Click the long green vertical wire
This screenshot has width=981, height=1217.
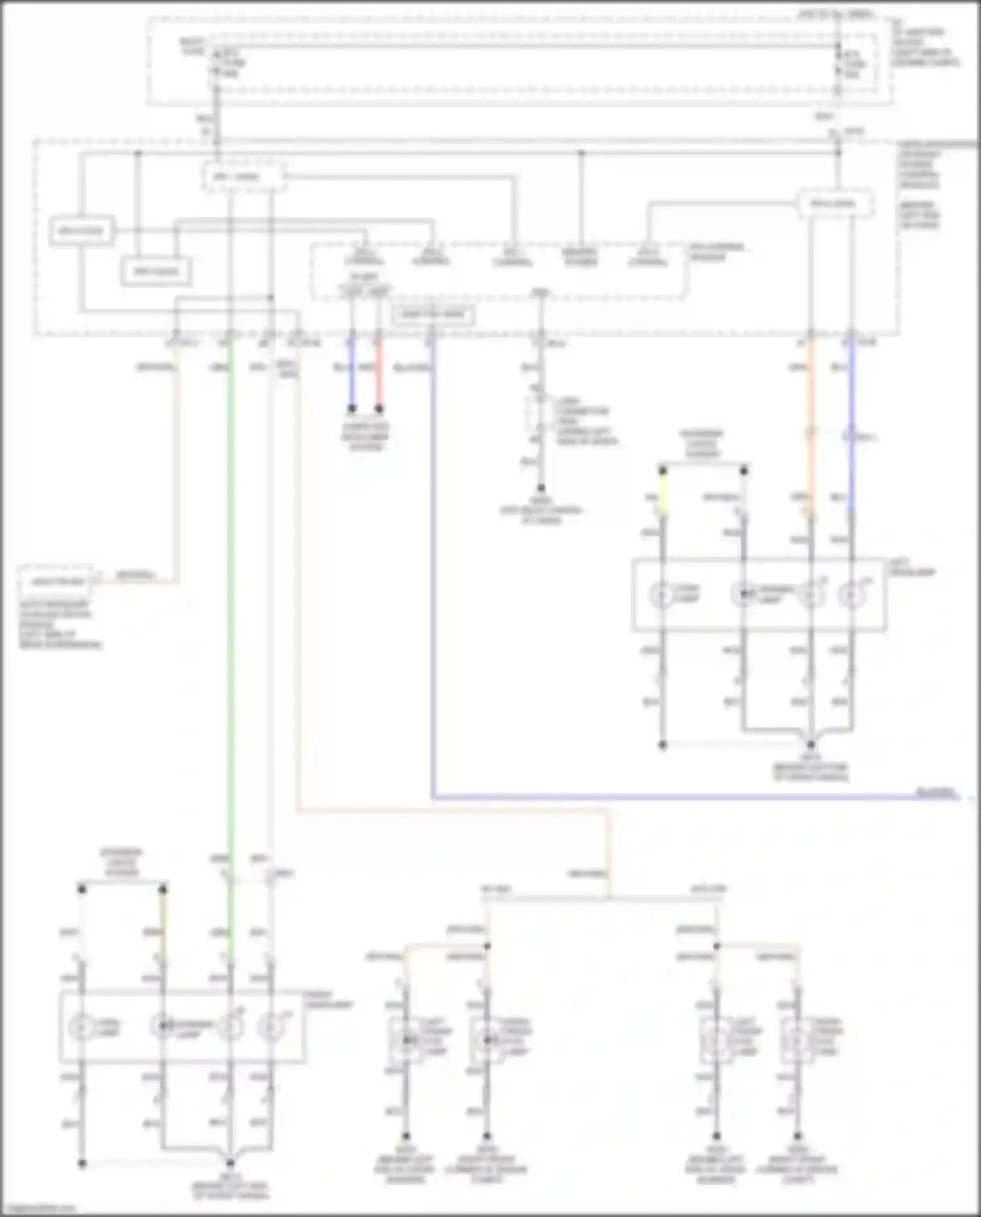point(230,589)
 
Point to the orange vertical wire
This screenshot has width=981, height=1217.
point(811,425)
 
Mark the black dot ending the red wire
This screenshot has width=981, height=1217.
point(379,409)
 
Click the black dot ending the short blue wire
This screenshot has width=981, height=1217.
point(352,409)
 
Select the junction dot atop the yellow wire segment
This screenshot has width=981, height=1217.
point(663,470)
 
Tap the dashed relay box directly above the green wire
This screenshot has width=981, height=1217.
point(243,177)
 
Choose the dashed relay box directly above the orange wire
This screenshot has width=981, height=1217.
point(833,203)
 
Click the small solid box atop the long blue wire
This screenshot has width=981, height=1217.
point(432,315)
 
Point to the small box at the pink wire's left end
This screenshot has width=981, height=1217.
point(58,581)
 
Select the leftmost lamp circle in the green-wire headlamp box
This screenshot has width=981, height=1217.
point(82,1027)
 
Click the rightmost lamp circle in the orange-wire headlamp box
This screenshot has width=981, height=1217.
point(852,595)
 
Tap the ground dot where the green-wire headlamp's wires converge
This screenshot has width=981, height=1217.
point(230,1163)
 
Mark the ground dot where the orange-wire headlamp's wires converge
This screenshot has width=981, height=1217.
point(811,745)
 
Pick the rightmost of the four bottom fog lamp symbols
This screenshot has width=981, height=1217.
point(797,1038)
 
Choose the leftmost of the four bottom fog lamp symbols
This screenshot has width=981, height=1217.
point(405,1038)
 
